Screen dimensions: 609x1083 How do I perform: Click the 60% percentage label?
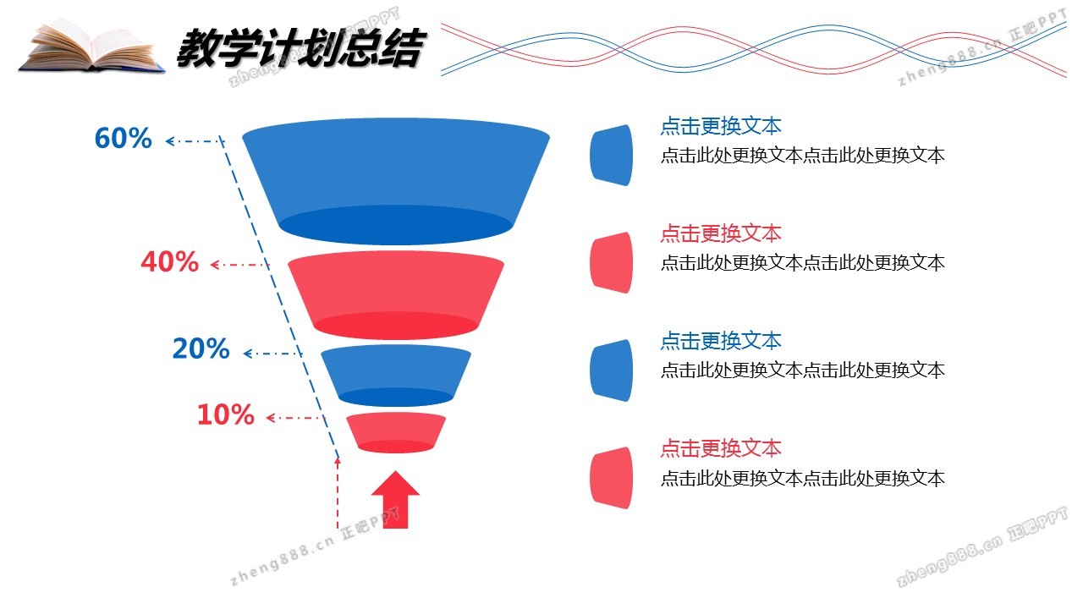click(x=124, y=138)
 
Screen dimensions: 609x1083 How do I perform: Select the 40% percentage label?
click(x=169, y=262)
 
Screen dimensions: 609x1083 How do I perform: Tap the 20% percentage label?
click(x=201, y=348)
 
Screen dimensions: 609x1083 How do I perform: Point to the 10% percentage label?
click(x=225, y=414)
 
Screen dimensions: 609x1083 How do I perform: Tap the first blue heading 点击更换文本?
click(x=721, y=127)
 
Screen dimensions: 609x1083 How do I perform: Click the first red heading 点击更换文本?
click(x=721, y=233)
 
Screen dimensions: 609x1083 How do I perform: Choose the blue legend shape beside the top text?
click(x=611, y=155)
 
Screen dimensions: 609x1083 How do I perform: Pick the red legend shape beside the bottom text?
click(x=611, y=478)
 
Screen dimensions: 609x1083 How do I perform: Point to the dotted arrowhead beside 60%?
click(x=169, y=141)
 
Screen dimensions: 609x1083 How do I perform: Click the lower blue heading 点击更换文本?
click(x=721, y=341)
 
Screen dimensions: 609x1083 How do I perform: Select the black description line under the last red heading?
click(x=802, y=478)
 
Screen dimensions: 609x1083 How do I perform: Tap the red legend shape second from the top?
click(x=611, y=262)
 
